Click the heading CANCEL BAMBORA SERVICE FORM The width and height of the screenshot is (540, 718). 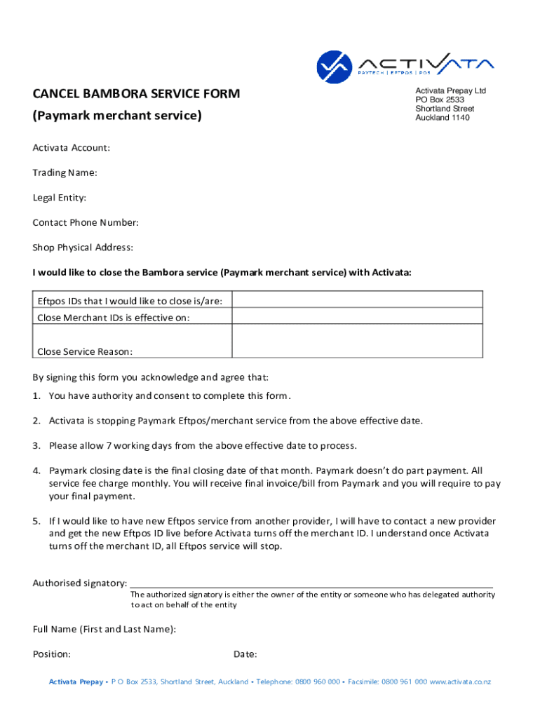(x=136, y=93)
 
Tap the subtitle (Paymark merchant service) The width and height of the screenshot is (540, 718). (x=117, y=114)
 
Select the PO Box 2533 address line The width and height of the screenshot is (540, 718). (x=440, y=100)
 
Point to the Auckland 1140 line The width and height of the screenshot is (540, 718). (x=443, y=118)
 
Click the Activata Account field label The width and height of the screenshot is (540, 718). (x=72, y=147)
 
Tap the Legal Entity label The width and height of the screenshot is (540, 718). (x=60, y=198)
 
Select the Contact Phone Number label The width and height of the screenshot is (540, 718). (x=86, y=223)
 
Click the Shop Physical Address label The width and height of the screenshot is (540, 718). (x=83, y=248)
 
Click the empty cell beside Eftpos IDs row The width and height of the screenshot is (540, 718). (x=357, y=300)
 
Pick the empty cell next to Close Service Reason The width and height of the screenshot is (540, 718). (x=357, y=341)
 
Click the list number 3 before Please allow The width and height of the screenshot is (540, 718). (x=36, y=445)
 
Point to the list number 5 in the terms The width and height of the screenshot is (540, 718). (x=36, y=521)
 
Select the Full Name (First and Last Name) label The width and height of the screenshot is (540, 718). (x=104, y=629)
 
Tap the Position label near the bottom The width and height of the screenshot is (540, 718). (x=52, y=654)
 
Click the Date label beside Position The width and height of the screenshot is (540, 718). (x=245, y=654)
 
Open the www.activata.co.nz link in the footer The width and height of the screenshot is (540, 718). (x=460, y=682)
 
